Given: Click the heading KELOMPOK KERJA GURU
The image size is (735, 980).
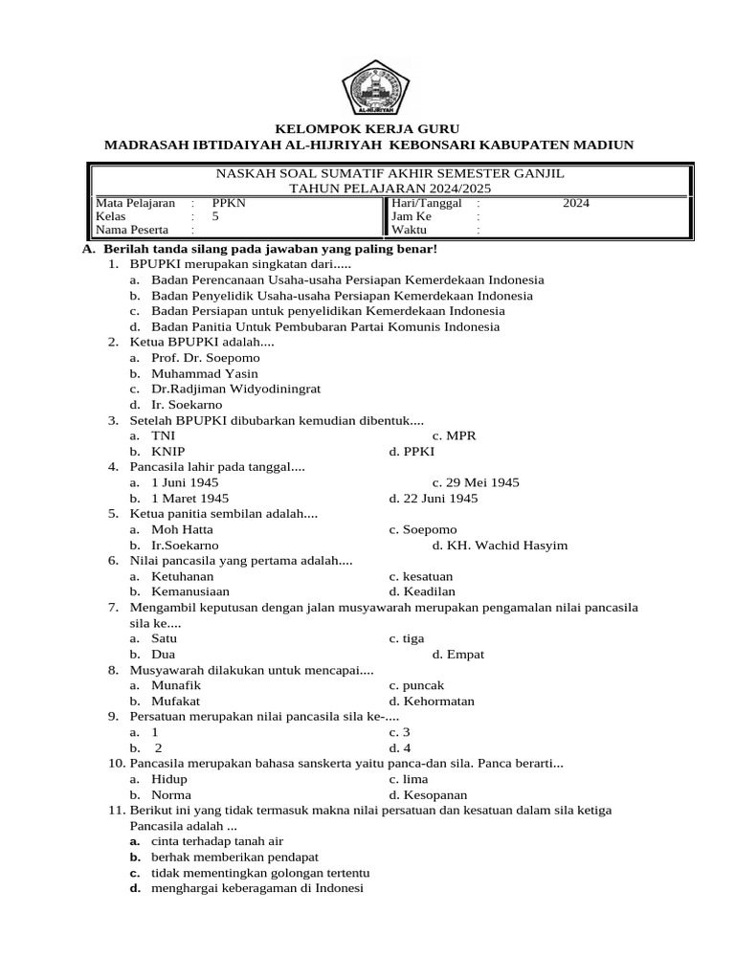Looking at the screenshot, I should click(367, 128).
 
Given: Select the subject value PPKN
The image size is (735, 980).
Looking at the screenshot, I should click(229, 203).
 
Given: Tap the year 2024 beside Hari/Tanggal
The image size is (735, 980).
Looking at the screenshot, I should click(575, 203).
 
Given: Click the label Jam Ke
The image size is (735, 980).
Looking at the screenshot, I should click(412, 216).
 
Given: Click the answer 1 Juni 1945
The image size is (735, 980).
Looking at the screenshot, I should click(185, 482).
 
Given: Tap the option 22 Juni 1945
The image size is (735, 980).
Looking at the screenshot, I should click(434, 499).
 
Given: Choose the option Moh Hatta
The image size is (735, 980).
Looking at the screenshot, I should click(182, 529).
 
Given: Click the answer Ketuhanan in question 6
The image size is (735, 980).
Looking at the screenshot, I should click(182, 576).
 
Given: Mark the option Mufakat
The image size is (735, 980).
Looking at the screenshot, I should click(175, 701).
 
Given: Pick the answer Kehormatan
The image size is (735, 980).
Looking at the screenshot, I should click(432, 701).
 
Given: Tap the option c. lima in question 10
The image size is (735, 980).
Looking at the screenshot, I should click(408, 779).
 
